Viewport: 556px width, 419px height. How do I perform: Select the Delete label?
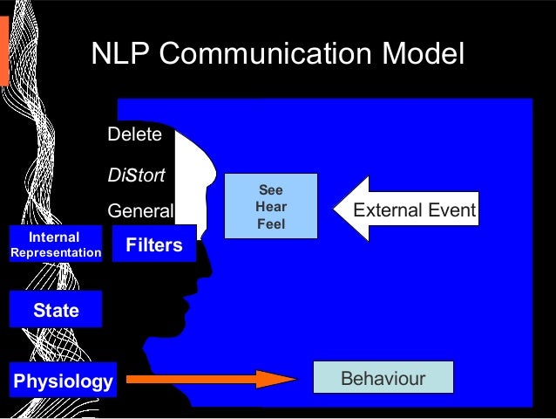click(x=134, y=134)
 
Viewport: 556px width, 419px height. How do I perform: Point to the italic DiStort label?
click(x=136, y=175)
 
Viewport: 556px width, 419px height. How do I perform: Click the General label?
click(x=140, y=211)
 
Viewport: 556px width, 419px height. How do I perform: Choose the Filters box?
click(x=154, y=245)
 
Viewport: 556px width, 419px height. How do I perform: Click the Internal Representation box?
click(x=55, y=245)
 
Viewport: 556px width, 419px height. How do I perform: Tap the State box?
click(x=56, y=310)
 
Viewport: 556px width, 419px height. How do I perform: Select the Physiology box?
click(x=63, y=381)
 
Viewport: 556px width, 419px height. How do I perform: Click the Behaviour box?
click(x=383, y=379)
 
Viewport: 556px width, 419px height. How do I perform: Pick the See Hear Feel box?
click(x=270, y=207)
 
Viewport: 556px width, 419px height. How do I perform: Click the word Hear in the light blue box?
click(x=270, y=207)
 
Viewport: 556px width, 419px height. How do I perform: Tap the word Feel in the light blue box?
click(x=270, y=224)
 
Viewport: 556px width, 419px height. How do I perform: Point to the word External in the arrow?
click(x=383, y=210)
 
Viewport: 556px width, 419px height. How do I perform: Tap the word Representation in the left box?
click(x=55, y=253)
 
